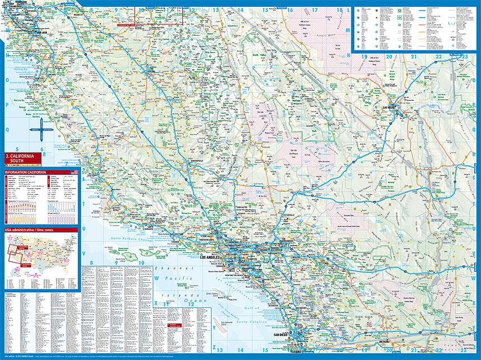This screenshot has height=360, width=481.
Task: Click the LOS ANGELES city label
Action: pos(211,257)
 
